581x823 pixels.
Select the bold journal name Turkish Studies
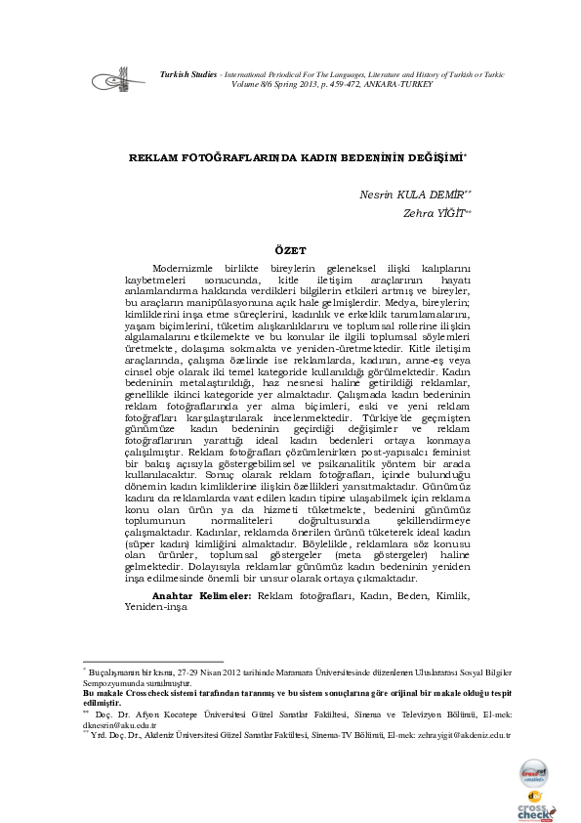(x=189, y=74)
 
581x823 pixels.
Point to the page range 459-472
(x=331, y=85)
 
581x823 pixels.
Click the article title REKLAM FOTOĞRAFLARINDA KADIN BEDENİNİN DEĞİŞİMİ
(x=297, y=157)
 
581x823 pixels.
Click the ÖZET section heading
(x=290, y=251)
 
